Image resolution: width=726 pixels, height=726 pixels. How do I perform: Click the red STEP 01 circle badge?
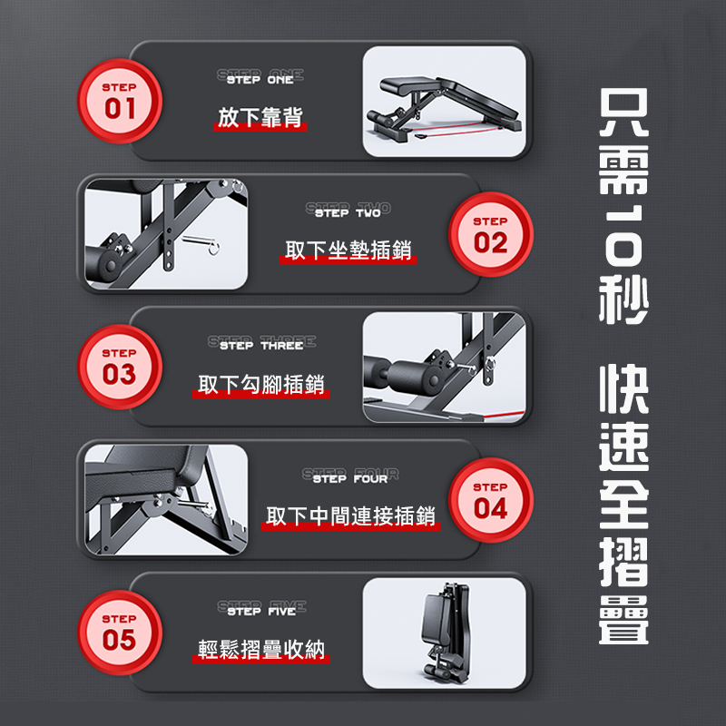click(x=120, y=101)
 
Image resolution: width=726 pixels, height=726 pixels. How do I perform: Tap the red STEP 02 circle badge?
click(x=491, y=234)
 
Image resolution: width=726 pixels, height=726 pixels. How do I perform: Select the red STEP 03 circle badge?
click(x=120, y=367)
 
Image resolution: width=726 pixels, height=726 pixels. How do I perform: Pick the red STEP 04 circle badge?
click(x=491, y=500)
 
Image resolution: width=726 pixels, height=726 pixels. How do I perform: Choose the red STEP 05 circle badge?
click(x=120, y=633)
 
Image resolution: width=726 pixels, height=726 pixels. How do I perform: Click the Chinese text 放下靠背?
click(x=260, y=117)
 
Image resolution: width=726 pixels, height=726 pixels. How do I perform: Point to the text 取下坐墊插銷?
click(x=348, y=250)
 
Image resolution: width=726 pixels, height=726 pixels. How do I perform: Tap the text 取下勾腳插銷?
click(x=261, y=384)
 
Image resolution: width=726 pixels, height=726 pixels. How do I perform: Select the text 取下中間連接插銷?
click(x=350, y=515)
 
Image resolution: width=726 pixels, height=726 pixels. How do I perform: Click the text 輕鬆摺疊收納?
click(x=261, y=649)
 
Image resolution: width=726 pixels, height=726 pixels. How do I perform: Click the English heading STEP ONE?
click(x=260, y=77)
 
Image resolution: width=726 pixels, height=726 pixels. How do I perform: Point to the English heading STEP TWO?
click(x=348, y=211)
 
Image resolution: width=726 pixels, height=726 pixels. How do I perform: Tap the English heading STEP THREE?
click(x=261, y=343)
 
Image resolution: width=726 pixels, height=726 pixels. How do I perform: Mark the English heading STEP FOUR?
click(x=350, y=476)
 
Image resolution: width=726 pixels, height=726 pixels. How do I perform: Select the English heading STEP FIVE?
click(x=261, y=609)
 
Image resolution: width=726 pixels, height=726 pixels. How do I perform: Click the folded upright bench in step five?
click(x=447, y=632)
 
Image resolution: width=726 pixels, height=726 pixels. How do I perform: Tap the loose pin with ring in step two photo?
click(x=201, y=243)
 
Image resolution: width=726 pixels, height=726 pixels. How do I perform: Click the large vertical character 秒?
click(x=623, y=299)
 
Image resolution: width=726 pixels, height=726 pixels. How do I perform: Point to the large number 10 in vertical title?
click(x=623, y=236)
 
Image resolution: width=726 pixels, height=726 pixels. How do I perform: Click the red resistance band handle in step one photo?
click(x=422, y=136)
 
